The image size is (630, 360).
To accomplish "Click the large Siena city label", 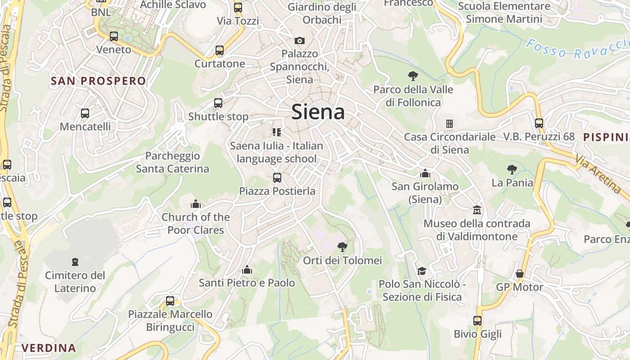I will [x=318, y=112].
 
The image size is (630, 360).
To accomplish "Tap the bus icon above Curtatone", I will [x=220, y=50].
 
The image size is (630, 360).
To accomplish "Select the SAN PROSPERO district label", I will [x=99, y=81].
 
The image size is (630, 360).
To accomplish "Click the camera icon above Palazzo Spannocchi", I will [x=300, y=40].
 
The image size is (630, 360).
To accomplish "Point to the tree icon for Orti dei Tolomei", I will [x=342, y=247].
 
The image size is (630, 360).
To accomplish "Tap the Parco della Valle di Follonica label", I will [x=413, y=96].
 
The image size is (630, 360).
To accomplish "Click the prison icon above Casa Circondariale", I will [x=449, y=123].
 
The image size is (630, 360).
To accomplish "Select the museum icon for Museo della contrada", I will [x=477, y=210].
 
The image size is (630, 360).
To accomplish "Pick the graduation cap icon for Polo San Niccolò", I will [x=422, y=271].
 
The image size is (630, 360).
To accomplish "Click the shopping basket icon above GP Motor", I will [x=520, y=274].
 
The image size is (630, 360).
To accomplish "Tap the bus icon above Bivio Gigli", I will [x=477, y=321].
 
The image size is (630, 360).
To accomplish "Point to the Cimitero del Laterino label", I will [x=75, y=282].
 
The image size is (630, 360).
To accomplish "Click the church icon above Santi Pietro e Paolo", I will [x=247, y=270].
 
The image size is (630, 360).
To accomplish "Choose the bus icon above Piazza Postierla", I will [x=277, y=178].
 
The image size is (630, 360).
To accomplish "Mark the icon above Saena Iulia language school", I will [x=276, y=132].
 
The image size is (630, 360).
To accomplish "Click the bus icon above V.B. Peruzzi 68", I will [x=539, y=123].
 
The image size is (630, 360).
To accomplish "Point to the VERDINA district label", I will [x=49, y=348].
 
